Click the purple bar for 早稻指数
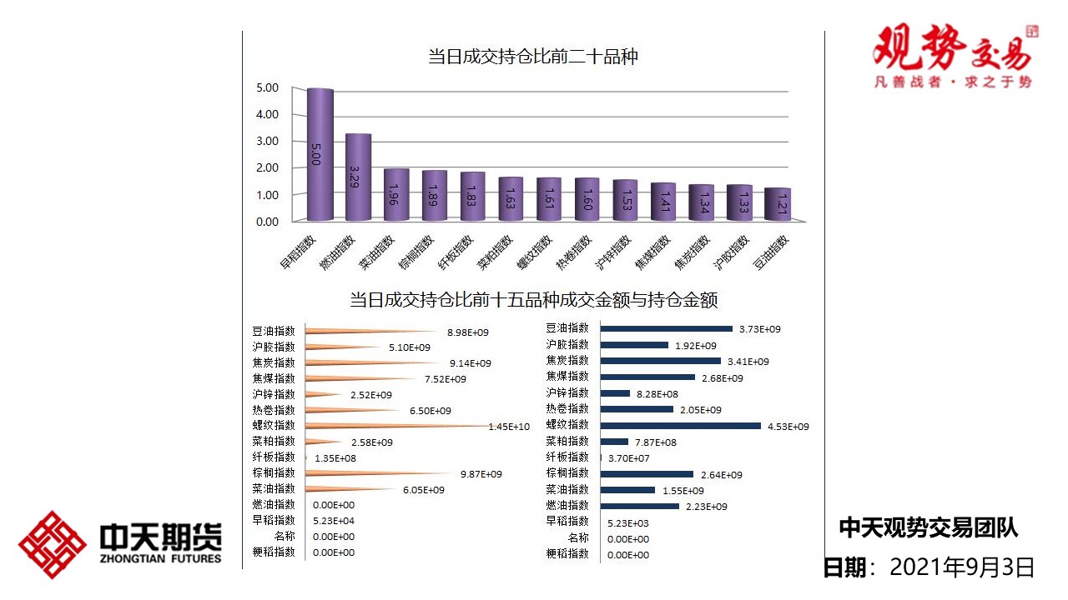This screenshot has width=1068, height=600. [320, 154]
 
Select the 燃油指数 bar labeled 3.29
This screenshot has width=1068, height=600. [358, 177]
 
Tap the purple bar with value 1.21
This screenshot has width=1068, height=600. [777, 204]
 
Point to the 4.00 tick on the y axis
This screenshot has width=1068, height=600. [267, 114]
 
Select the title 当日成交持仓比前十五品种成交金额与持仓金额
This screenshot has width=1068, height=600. [534, 299]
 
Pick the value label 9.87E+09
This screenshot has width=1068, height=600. [481, 474]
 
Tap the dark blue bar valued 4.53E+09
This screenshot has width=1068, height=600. [681, 426]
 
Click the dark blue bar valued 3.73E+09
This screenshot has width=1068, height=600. [666, 329]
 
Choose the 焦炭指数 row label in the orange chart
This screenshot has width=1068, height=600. [274, 362]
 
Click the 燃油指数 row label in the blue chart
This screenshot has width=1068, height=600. [567, 506]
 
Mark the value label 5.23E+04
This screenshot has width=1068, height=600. [333, 521]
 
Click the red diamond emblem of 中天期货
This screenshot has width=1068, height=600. [53, 545]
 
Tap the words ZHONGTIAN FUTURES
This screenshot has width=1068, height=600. [160, 558]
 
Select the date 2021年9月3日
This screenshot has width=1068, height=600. [962, 568]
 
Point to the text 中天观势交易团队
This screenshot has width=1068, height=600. [928, 527]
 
